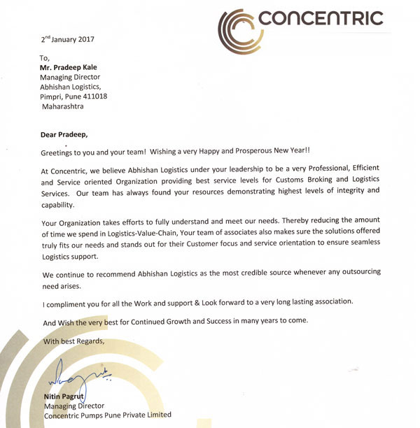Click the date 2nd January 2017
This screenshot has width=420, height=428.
[67, 39]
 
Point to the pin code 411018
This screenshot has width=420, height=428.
[93, 97]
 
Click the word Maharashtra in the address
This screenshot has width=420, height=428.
[63, 106]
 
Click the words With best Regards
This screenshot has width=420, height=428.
[73, 341]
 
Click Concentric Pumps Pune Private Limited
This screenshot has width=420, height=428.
[107, 415]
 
